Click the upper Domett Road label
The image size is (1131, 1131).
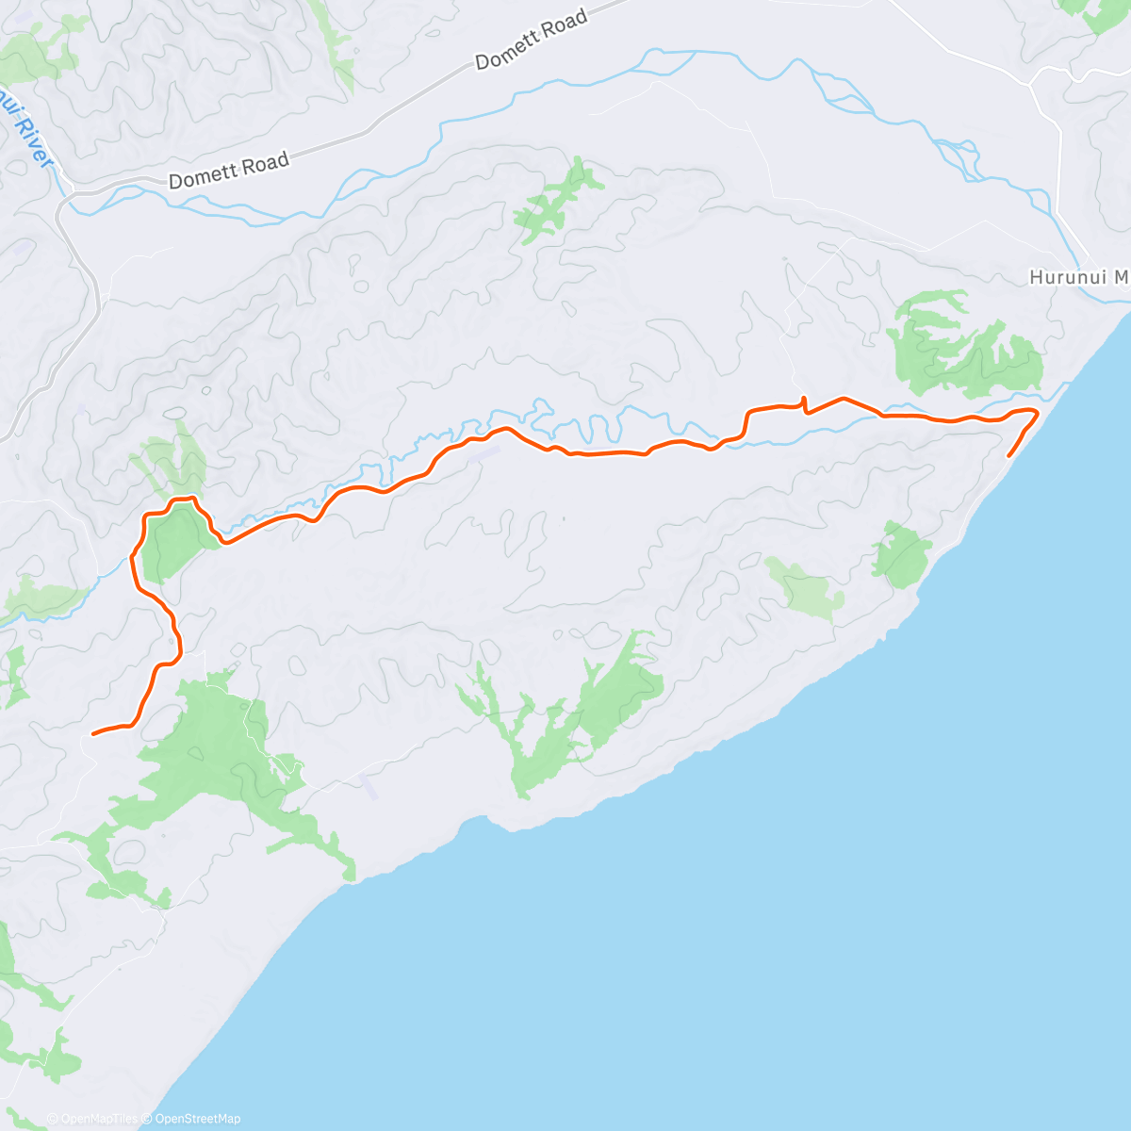tap(532, 39)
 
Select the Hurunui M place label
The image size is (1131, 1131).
tap(1078, 278)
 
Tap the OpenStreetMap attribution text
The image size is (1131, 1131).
tap(197, 1119)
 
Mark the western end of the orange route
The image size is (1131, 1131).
tap(92, 732)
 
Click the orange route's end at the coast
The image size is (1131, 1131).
tap(1009, 456)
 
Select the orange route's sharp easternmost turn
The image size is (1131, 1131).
tap(1037, 412)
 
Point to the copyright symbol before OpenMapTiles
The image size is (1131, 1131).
tap(52, 1119)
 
